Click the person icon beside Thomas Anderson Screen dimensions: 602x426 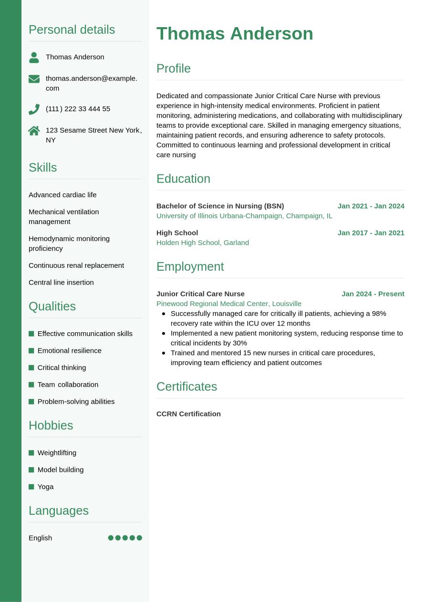34,57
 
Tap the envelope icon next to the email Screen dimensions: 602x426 34,79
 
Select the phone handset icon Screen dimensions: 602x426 34,109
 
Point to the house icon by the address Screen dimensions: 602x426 34,131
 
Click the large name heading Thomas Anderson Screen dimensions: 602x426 235,34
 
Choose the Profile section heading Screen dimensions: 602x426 174,69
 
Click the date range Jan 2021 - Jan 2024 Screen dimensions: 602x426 371,206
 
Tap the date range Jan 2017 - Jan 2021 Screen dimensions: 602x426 371,233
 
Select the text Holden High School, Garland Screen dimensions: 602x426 203,243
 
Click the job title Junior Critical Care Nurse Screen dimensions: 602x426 200,294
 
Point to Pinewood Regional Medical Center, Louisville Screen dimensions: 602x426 229,304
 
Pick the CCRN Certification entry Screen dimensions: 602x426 188,414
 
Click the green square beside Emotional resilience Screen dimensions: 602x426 31,351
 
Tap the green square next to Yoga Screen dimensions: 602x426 31,487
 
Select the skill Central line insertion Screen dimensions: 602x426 61,282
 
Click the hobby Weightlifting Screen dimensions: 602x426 57,453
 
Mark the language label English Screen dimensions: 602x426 40,538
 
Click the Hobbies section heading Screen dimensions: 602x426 51,425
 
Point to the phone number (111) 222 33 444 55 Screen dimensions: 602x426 78,109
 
